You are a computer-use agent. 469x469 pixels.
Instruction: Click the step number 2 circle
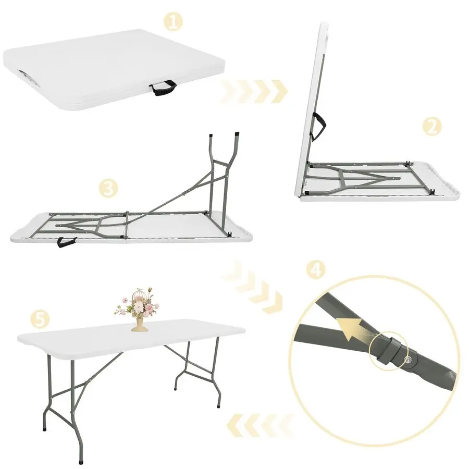(x=431, y=126)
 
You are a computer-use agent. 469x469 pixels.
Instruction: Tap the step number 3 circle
(x=107, y=189)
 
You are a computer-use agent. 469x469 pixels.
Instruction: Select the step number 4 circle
(x=316, y=270)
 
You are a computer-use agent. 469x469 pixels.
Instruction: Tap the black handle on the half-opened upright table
(x=319, y=125)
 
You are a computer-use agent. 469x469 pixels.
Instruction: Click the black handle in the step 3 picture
(x=67, y=242)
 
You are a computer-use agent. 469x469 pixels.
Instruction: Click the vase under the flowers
(x=139, y=324)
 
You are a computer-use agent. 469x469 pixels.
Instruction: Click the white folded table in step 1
(x=115, y=68)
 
